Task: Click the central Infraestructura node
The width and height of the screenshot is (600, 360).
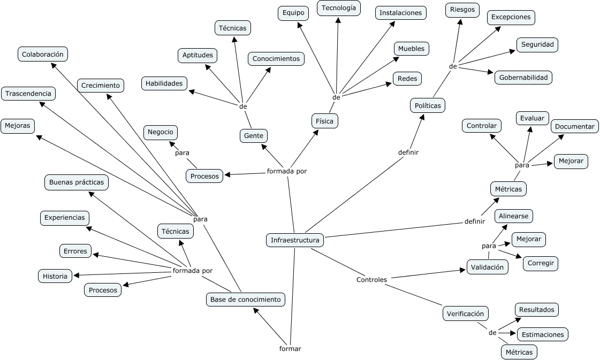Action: (x=295, y=240)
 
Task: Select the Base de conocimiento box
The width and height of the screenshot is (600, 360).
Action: (x=245, y=300)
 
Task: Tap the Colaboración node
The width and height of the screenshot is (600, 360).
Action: (x=43, y=54)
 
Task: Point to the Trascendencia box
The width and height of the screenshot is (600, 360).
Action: (x=28, y=94)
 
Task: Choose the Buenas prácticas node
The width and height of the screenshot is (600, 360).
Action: (x=76, y=182)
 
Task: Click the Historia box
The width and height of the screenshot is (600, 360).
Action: (x=55, y=276)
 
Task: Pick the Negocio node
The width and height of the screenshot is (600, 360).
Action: (x=160, y=132)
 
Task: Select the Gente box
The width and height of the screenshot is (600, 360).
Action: (x=253, y=136)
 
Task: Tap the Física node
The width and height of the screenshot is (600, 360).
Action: (x=324, y=121)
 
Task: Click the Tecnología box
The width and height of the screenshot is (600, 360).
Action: (x=338, y=8)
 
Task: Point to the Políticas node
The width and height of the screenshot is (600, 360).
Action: (x=428, y=105)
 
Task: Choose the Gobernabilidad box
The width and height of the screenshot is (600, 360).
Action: (x=523, y=78)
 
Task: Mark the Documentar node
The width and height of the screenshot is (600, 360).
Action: (x=574, y=126)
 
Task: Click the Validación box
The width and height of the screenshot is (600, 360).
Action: (x=487, y=267)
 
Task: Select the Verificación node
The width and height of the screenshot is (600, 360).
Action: (x=465, y=313)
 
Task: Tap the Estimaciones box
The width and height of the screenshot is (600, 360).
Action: (x=542, y=334)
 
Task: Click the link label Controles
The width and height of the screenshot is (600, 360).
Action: (x=371, y=280)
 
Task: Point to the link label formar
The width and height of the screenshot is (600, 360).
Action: (x=290, y=349)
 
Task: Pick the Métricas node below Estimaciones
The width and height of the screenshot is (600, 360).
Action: (x=519, y=352)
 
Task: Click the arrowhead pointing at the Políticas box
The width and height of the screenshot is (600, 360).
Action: (x=423, y=117)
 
